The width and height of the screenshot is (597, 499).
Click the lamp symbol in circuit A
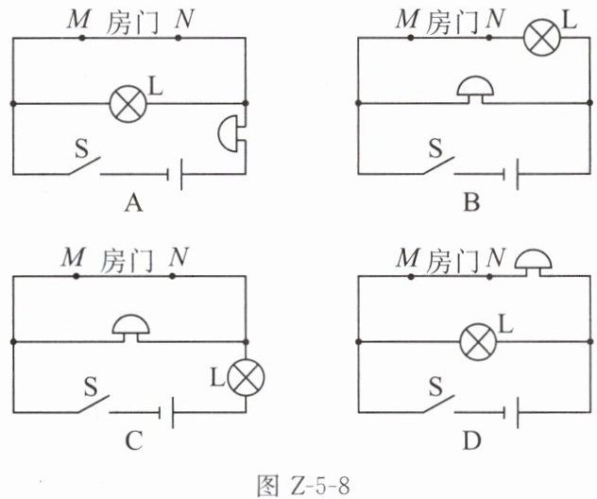[128, 104]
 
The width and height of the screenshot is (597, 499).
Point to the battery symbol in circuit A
[175, 175]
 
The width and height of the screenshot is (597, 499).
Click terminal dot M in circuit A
[81, 38]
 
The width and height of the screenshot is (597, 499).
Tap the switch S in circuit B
[438, 165]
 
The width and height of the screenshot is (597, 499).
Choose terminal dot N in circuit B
[489, 38]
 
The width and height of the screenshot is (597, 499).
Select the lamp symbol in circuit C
[246, 377]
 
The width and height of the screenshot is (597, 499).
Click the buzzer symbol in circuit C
[130, 328]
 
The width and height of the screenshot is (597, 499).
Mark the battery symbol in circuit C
[166, 413]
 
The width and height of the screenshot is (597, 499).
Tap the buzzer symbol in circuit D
[533, 263]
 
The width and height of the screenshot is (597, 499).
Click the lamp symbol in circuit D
[479, 342]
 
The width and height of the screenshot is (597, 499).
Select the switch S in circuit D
[438, 404]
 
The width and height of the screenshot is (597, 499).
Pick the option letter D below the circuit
[472, 440]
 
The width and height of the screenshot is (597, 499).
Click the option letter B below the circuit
[471, 202]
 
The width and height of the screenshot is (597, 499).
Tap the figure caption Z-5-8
[320, 485]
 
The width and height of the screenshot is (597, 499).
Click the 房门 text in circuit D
[452, 260]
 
